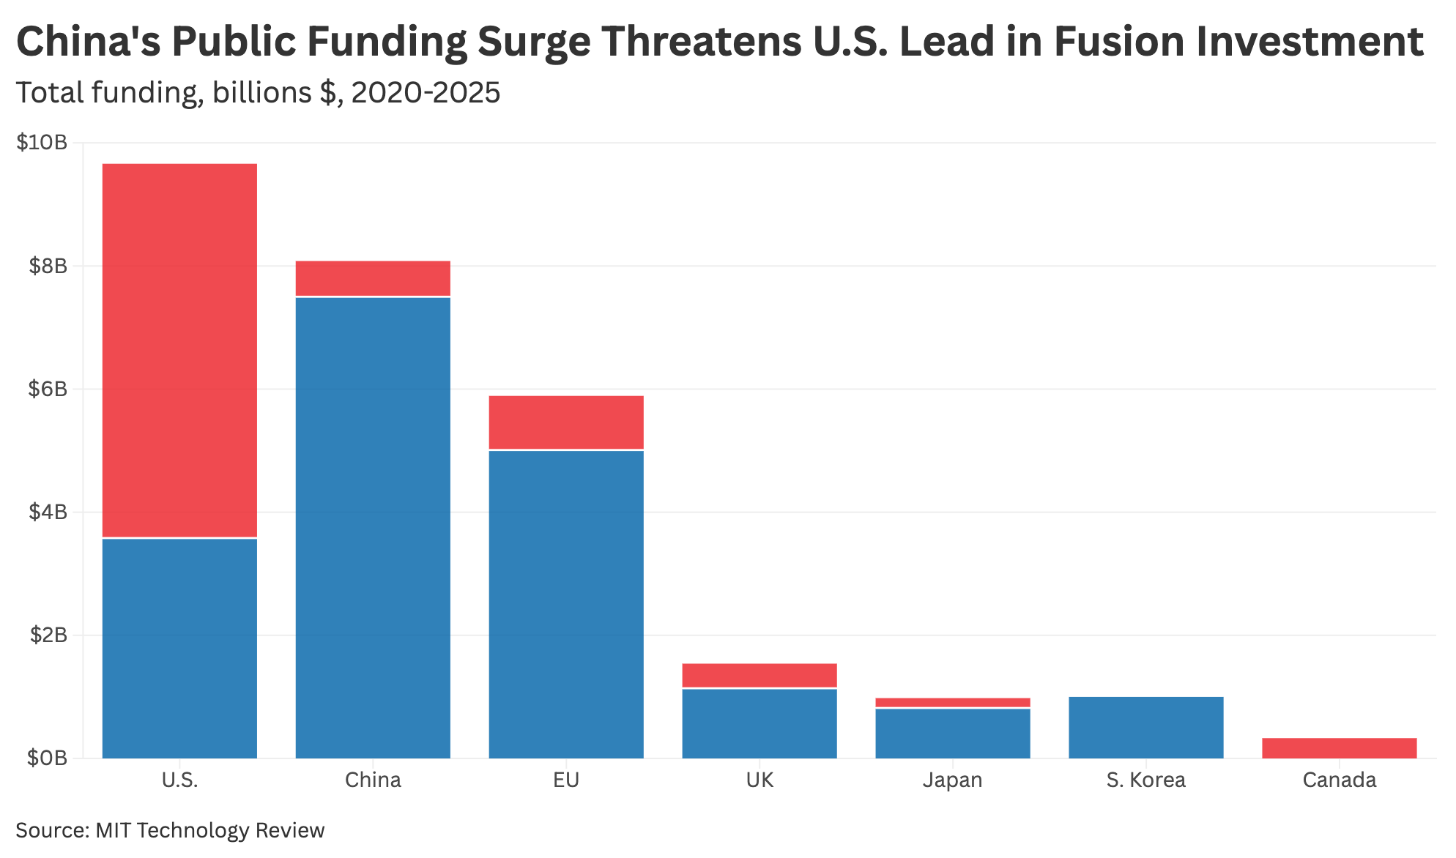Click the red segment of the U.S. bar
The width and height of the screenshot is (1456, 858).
[179, 350]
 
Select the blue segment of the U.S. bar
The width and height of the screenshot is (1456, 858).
[179, 648]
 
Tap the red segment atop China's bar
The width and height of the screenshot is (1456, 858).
[373, 278]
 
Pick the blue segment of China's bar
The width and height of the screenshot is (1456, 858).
[373, 527]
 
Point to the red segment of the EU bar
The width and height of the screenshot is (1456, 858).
[566, 422]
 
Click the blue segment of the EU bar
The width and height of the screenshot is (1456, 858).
[566, 604]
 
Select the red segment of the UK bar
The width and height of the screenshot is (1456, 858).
[759, 675]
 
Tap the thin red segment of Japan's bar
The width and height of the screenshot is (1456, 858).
[953, 702]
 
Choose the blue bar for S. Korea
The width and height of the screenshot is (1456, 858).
[1146, 727]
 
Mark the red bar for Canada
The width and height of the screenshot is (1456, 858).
[1340, 747]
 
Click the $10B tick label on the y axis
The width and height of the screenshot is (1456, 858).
[42, 143]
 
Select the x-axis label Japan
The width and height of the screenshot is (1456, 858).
[953, 780]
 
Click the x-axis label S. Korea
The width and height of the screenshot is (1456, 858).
[1146, 780]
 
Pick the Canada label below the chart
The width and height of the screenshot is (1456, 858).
[1340, 780]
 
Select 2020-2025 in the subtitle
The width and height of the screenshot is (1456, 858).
[426, 93]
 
